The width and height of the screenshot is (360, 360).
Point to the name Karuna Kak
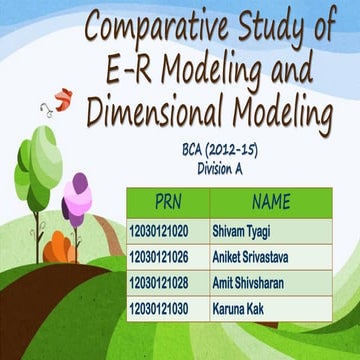(x=237, y=310)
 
